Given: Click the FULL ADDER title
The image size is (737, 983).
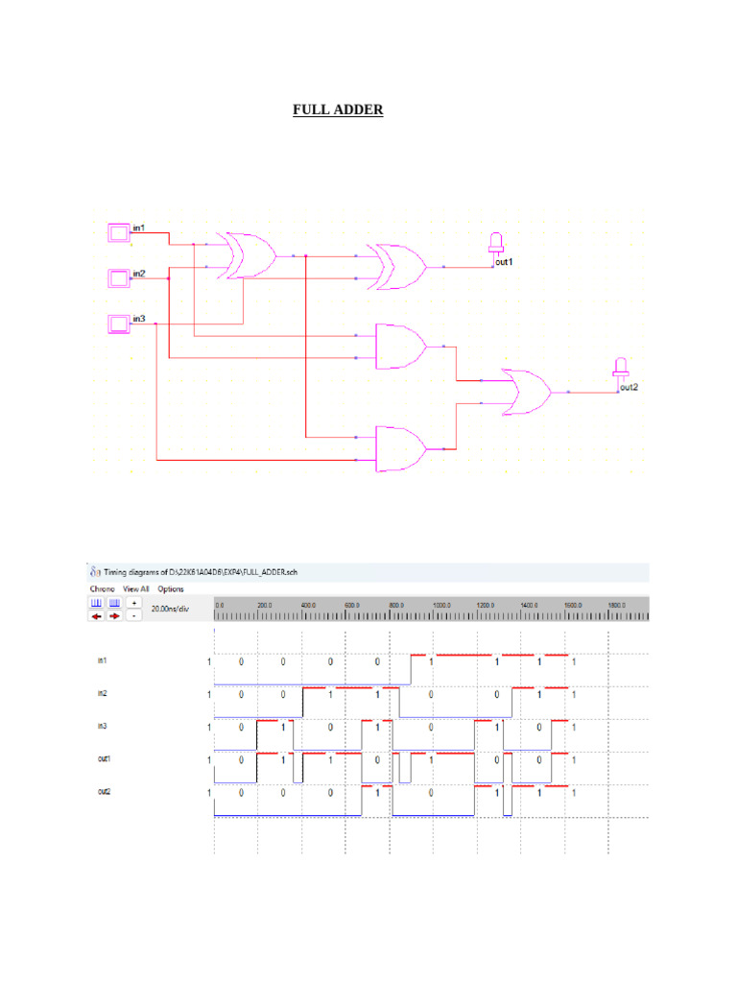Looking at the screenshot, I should (338, 110).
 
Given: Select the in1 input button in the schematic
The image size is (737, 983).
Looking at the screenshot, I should (118, 232).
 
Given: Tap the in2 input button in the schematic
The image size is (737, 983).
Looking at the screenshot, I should (118, 278).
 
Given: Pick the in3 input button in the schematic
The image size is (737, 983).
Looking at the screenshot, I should (118, 324).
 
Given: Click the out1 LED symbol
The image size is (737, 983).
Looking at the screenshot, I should (496, 244).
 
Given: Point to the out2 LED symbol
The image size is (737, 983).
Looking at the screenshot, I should (621, 370).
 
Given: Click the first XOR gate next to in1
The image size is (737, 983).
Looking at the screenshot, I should (247, 255).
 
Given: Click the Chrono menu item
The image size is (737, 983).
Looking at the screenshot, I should (102, 588).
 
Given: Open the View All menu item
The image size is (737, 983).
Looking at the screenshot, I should (135, 588).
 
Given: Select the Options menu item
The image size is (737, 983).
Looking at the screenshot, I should (171, 588).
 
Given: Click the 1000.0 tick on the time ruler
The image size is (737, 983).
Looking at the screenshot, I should (441, 606).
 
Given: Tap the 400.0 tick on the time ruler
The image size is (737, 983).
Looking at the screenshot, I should (308, 606).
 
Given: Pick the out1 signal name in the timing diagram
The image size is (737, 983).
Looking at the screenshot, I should (103, 759).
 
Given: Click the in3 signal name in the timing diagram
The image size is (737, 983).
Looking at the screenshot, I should (102, 727).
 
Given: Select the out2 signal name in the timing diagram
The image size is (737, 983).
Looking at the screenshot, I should (103, 793).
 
